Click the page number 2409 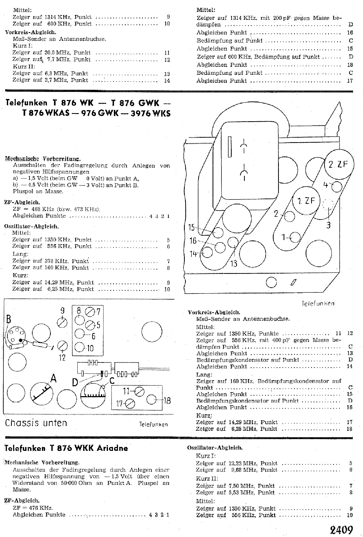(341, 529)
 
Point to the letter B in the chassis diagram (9, 320)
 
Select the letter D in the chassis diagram (75, 383)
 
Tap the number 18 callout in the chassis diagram (167, 400)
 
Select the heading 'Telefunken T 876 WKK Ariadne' (67, 448)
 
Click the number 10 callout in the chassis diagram (90, 348)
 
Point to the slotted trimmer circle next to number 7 (90, 312)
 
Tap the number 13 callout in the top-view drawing (234, 263)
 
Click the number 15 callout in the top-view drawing (192, 227)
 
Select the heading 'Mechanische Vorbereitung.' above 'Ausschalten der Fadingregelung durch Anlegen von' (43, 159)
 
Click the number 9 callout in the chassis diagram (62, 311)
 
